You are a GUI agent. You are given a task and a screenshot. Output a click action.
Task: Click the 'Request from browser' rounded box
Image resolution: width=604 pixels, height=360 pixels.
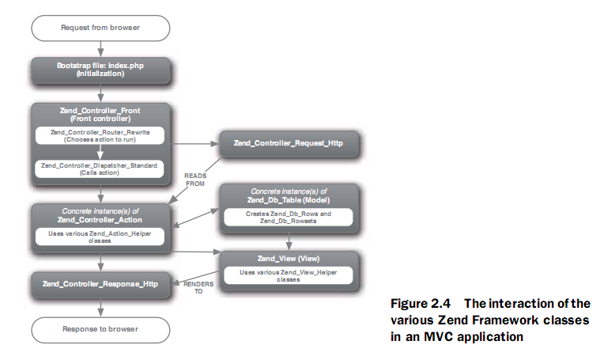(100, 28)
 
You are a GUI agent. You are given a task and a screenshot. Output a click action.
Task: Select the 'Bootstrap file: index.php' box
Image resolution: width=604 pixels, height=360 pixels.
(100, 70)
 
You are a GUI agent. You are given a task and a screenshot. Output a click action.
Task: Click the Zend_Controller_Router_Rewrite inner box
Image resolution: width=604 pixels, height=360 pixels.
(100, 135)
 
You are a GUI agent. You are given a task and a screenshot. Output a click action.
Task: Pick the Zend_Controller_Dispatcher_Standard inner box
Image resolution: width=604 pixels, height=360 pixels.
(100, 168)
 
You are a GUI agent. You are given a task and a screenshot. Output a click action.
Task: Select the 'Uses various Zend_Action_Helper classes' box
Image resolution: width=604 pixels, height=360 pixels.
(100, 237)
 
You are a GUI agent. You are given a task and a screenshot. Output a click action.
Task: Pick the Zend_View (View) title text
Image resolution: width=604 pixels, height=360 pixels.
(289, 260)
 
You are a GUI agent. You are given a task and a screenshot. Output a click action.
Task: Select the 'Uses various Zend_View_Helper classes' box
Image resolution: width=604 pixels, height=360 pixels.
(289, 277)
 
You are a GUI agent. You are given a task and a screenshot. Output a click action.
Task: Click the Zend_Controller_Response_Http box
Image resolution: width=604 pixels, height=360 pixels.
(100, 284)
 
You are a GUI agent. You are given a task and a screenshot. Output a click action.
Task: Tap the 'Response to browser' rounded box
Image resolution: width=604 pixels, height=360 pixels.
(100, 328)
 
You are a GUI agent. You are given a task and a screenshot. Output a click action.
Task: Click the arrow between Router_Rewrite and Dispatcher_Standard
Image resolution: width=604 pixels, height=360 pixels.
(100, 152)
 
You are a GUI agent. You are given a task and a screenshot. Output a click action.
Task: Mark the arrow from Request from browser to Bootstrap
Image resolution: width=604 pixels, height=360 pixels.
(100, 49)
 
